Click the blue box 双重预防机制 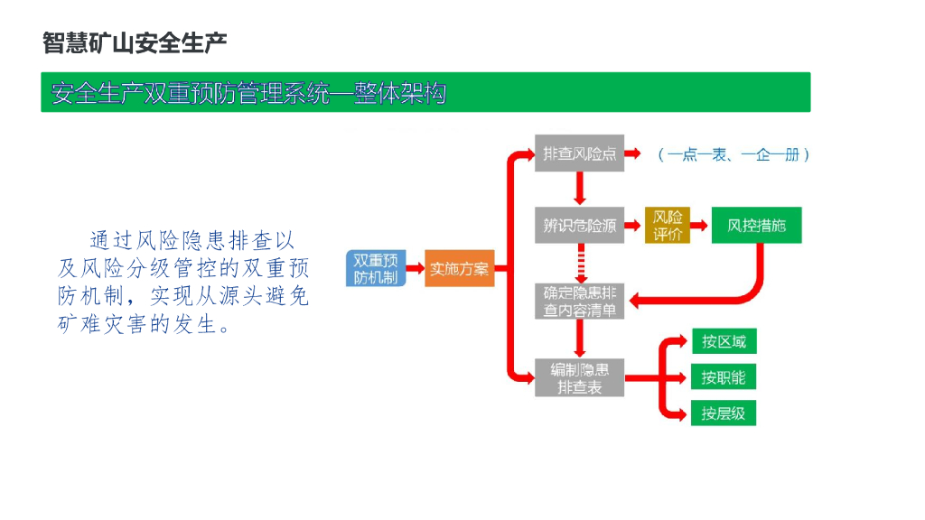click(x=375, y=268)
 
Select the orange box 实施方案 click(x=459, y=268)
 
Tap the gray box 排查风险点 click(x=579, y=153)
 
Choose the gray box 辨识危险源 click(x=579, y=226)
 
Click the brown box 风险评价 click(x=667, y=226)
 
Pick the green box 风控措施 click(x=756, y=226)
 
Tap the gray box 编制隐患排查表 click(x=579, y=378)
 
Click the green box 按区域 click(x=724, y=341)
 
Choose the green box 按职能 click(x=724, y=377)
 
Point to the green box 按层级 click(x=724, y=413)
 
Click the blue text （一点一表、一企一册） click(x=733, y=154)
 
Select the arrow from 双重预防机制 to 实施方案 click(x=414, y=268)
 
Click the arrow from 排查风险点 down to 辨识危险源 click(x=580, y=190)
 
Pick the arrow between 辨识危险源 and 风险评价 click(x=634, y=226)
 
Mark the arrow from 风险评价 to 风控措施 click(x=700, y=226)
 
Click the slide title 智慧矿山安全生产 click(x=135, y=42)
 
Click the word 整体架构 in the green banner click(x=399, y=93)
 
